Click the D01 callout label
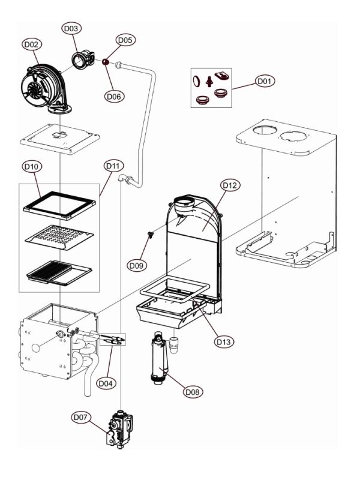click(x=265, y=81)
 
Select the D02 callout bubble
click(x=32, y=44)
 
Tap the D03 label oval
click(x=71, y=28)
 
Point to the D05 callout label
click(x=125, y=40)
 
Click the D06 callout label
click(x=114, y=97)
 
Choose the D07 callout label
click(x=81, y=417)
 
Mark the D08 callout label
click(x=193, y=392)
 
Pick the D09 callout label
click(x=137, y=265)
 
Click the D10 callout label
click(x=32, y=167)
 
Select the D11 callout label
click(x=113, y=166)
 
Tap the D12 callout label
click(x=230, y=185)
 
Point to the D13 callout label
click(x=224, y=341)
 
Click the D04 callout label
click(x=106, y=383)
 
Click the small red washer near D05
click(x=106, y=62)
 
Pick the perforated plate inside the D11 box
click(x=59, y=238)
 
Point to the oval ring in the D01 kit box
click(x=196, y=80)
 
